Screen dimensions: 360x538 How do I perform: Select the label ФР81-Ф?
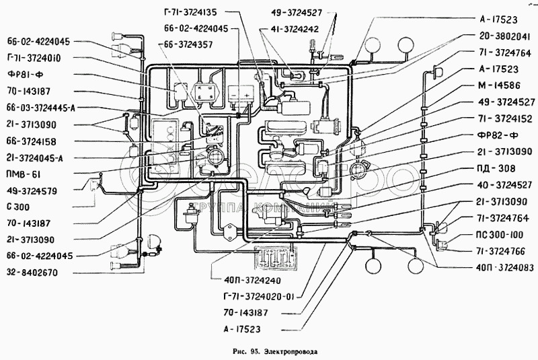tap(26, 74)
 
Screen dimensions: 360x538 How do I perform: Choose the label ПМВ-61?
tap(20, 175)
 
